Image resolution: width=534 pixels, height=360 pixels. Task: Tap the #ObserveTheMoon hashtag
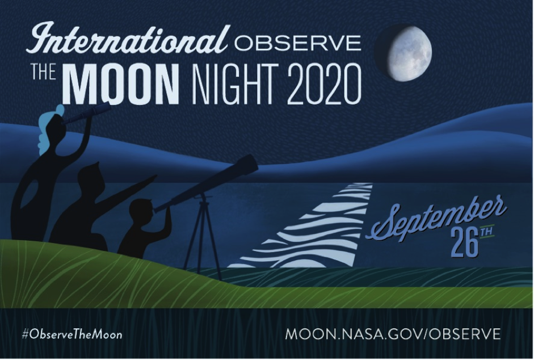coord(72,334)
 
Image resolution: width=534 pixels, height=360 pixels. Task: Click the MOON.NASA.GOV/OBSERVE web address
coord(393,334)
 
